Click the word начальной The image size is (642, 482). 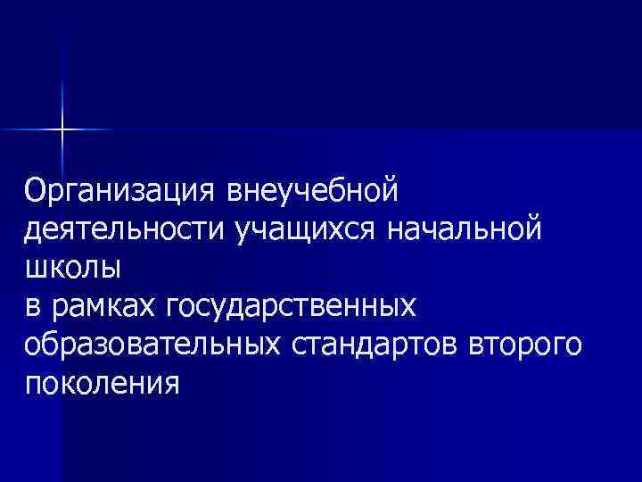coord(464,229)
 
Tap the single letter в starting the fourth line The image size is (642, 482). coord(33,307)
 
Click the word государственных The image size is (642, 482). coord(291,307)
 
